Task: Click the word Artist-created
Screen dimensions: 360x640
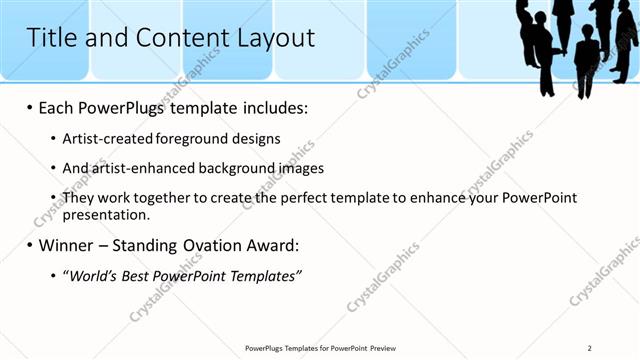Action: pos(102,138)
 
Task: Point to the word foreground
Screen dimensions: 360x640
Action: pos(174,138)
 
